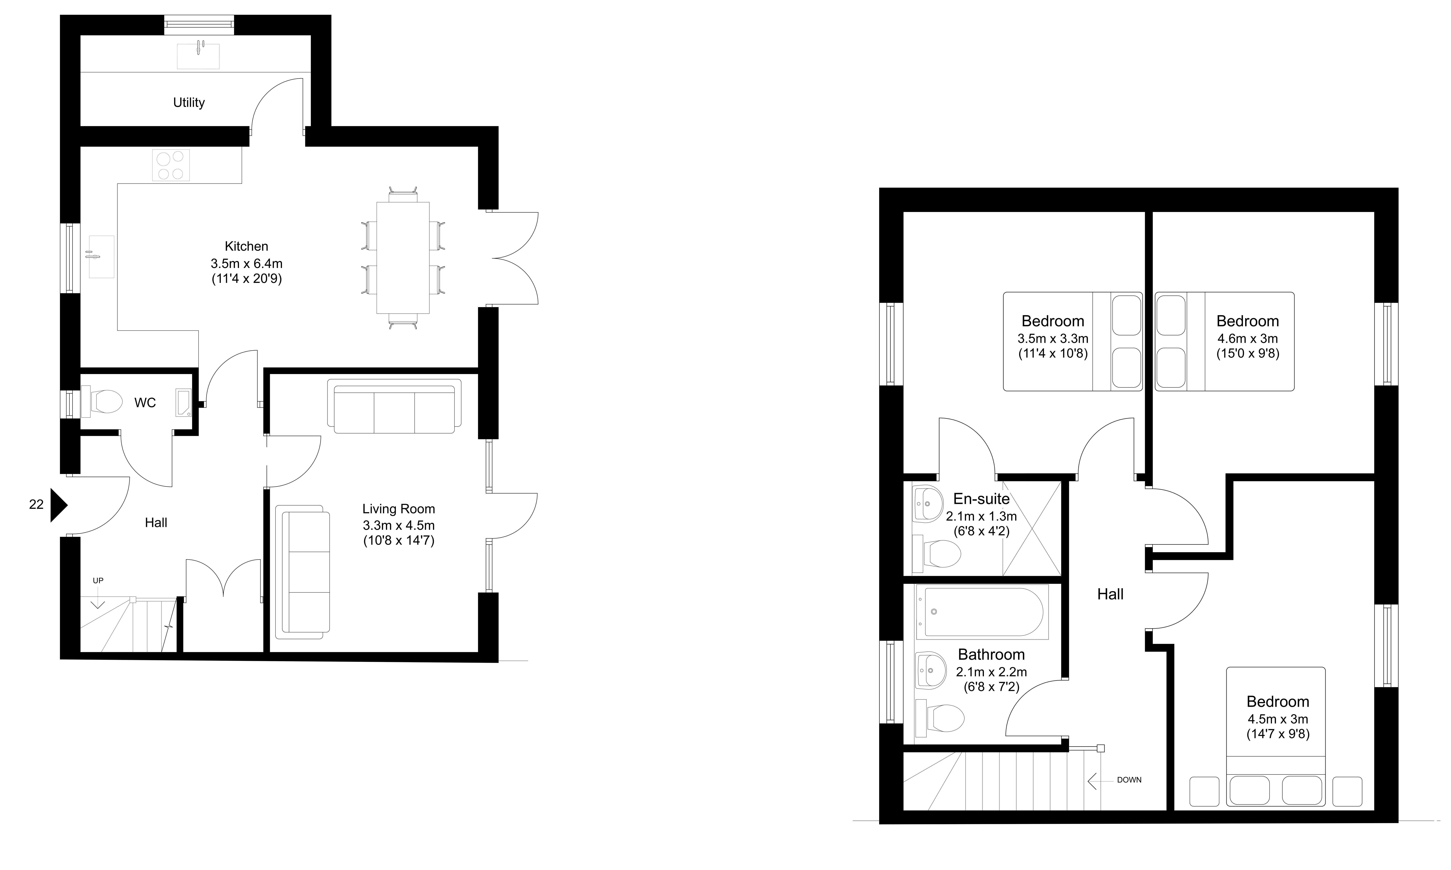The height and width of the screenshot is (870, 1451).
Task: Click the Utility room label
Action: [x=189, y=103]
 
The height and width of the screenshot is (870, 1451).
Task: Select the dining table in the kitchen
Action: [x=403, y=258]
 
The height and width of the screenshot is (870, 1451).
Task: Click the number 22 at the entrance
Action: [x=36, y=504]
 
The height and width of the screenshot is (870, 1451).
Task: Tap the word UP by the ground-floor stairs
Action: [x=98, y=580]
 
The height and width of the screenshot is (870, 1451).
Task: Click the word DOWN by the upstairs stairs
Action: [x=1129, y=780]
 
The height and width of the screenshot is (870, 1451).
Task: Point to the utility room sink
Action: [x=198, y=56]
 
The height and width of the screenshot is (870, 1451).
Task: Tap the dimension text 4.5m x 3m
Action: [x=1277, y=719]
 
